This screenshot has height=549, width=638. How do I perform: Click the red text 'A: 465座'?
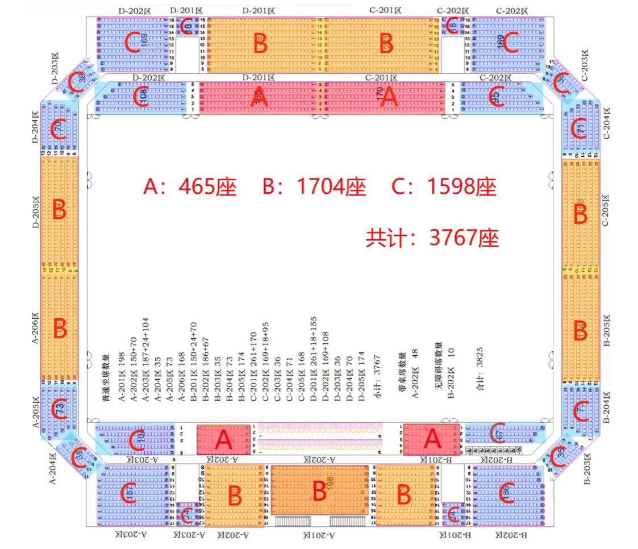(x=190, y=187)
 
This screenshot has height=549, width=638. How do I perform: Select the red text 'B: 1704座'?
(x=314, y=187)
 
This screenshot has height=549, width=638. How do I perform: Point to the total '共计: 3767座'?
(x=432, y=238)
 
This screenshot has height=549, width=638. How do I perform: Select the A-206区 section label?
(x=35, y=328)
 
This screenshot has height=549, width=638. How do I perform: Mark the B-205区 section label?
(x=606, y=330)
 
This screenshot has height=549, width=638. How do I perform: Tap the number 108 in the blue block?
(x=144, y=96)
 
